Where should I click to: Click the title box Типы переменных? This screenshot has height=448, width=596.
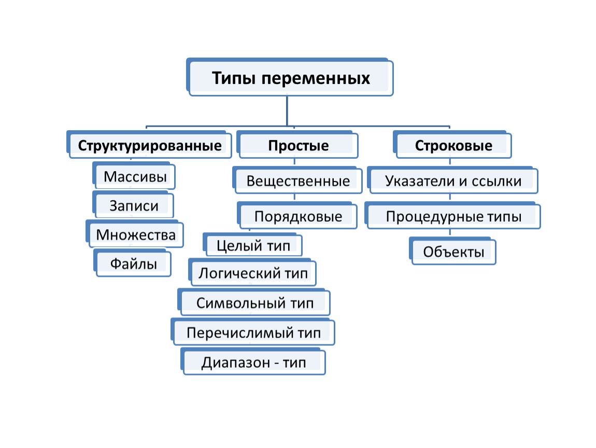290,77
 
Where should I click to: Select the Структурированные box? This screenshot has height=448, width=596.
149,145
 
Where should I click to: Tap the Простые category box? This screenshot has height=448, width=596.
297,145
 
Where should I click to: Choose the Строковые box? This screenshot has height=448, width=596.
452,145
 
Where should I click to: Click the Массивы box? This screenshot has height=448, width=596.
134,176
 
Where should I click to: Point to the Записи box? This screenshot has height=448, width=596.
133,205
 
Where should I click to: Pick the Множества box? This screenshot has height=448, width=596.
135,234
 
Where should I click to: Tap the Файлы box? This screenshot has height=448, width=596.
132,263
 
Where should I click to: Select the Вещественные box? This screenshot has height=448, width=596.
297,180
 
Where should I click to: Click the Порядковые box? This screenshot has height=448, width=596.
297,215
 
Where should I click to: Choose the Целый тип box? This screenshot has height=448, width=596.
253,245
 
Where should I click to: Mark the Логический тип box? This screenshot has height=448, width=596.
252,272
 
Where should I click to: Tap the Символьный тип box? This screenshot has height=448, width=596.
254,302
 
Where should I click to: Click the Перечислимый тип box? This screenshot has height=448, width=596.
253,332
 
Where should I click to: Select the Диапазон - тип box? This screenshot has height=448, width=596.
253,361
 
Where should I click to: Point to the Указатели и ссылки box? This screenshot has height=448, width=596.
453,180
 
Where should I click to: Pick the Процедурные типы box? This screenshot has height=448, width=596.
453,215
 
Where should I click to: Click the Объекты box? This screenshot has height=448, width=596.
453,250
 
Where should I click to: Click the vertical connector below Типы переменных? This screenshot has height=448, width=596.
287,110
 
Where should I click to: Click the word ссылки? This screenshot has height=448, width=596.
496,181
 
